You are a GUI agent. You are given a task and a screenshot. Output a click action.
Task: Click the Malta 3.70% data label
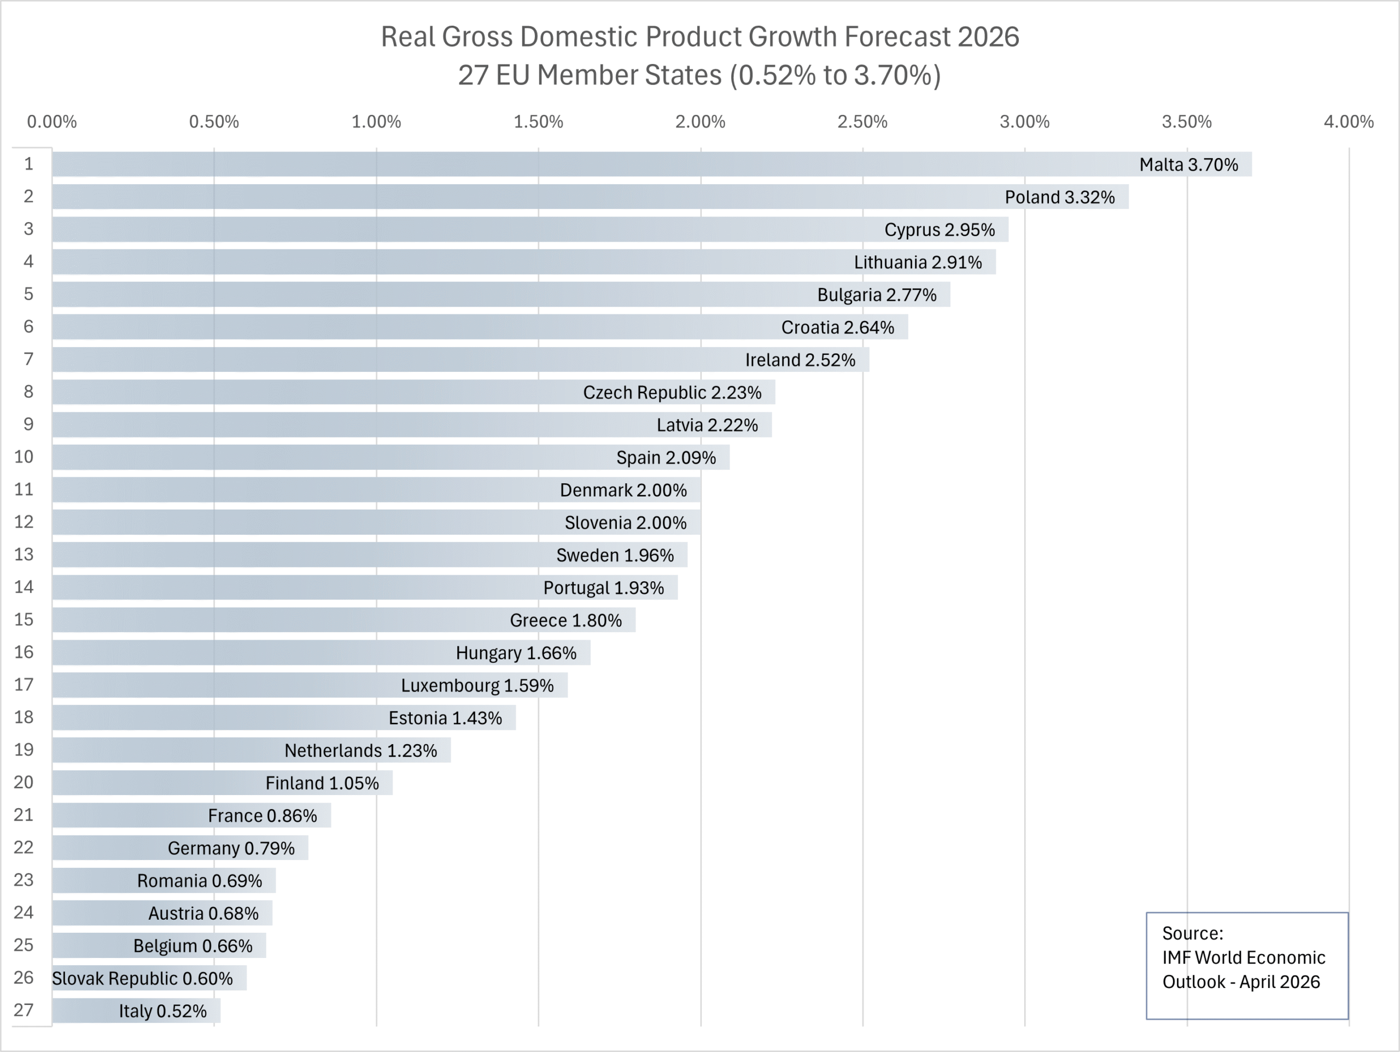coord(1188,165)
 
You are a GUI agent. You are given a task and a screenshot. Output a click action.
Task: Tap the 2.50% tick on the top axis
coord(862,121)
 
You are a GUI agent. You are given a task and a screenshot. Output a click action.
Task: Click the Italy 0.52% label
coord(162,1011)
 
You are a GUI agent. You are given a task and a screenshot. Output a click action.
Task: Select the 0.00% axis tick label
coord(52,121)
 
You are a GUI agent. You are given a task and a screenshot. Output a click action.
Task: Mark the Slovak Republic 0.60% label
coord(142,979)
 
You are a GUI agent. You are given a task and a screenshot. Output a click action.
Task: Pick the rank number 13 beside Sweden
coord(24,554)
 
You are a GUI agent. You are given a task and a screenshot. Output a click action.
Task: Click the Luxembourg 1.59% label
coord(477,686)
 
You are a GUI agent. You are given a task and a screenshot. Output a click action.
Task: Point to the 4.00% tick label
coord(1348,121)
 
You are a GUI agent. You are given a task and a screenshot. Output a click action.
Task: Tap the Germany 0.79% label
coord(231,848)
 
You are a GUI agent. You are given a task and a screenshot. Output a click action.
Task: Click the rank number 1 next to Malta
coord(28,164)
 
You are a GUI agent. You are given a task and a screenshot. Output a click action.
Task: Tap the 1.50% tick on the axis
coord(538,121)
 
